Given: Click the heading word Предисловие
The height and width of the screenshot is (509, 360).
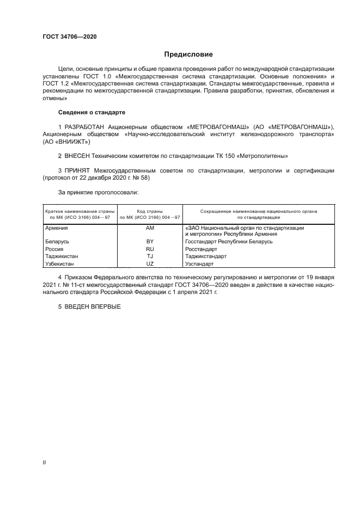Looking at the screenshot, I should pos(189,54).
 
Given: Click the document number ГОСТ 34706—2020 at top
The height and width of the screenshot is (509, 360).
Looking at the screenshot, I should pos(70,36).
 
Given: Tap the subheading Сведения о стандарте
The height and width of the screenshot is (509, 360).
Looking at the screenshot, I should pos(91,112).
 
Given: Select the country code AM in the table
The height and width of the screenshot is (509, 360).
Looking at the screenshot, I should pos(150,229).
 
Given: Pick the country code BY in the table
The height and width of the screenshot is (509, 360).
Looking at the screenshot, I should pos(150,241).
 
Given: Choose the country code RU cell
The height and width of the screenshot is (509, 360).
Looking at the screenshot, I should pos(150,248).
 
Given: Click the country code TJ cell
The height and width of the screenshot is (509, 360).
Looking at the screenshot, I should pos(150,256).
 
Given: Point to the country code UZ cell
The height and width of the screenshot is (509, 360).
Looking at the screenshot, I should pos(150,263).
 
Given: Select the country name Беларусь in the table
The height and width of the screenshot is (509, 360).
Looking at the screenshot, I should pos(57,241).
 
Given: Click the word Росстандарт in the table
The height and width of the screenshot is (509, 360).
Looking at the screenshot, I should pos(201,248).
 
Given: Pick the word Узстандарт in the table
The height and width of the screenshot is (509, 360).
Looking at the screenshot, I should pos(200,263).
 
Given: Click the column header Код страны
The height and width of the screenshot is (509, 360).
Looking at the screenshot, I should pos(150,211).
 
